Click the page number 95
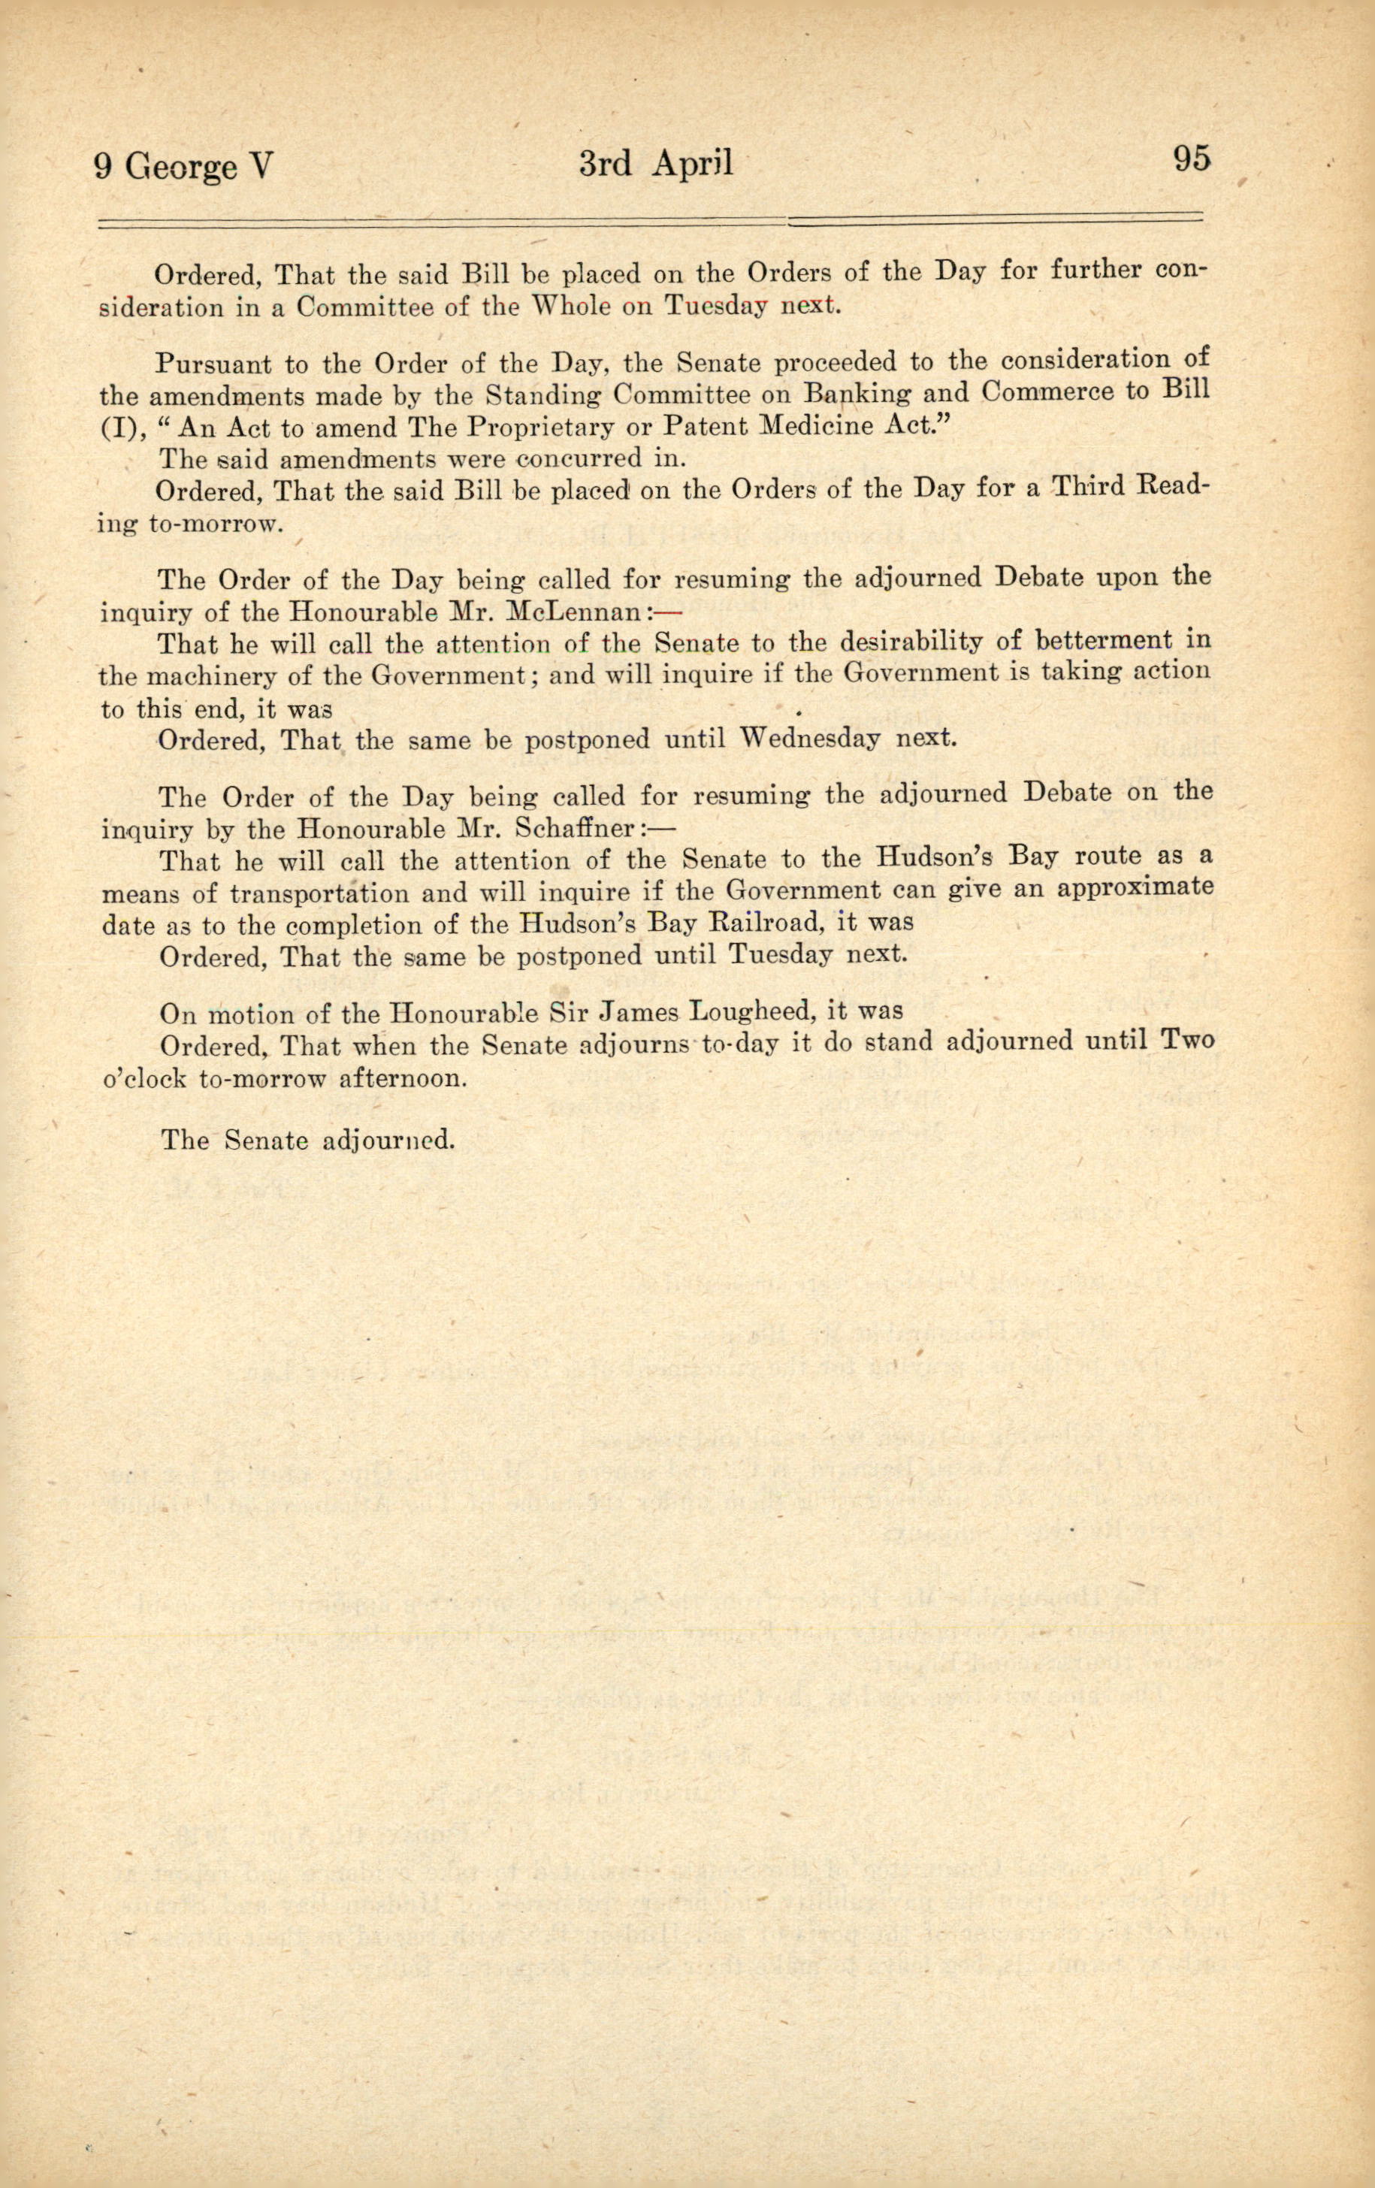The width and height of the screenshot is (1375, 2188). [1192, 160]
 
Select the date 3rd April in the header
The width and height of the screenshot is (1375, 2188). [655, 164]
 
